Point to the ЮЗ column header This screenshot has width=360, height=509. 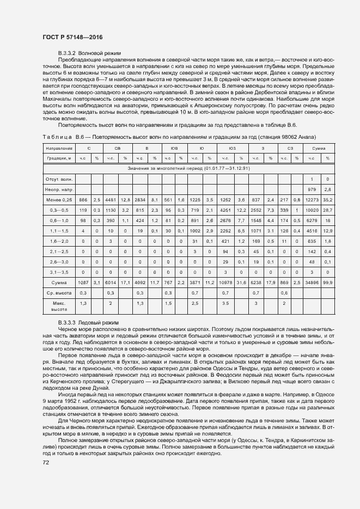coord(233,148)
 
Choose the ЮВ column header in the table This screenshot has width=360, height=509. coord(175,148)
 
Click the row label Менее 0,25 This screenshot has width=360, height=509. coord(59,199)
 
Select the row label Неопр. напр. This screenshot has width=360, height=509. coord(59,189)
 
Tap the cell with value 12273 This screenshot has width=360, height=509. coord(312,199)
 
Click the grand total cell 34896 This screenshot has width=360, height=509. coord(312,283)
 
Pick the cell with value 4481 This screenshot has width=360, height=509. coord(111,199)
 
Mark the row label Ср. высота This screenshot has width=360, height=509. coord(59,293)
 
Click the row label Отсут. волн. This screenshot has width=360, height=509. coord(59,179)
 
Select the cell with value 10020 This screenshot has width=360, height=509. coord(312,210)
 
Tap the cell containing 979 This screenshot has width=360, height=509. coord(312,189)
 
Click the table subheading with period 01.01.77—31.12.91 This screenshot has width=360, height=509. coord(188,168)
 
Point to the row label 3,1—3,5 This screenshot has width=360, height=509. coord(59,272)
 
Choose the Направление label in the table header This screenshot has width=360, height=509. coord(59,148)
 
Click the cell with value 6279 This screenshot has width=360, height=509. coord(312,220)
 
